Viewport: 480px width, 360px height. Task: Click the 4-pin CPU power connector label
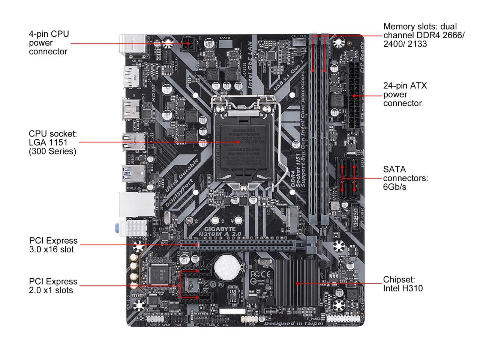pos(49,43)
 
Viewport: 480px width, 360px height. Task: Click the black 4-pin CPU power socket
pos(188,44)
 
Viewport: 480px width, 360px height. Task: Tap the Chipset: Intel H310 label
pos(403,284)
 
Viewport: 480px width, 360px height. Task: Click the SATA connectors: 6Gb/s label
pos(405,178)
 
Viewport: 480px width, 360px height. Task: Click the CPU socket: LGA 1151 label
pos(52,142)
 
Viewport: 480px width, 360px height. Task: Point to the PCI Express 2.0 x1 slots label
pos(53,286)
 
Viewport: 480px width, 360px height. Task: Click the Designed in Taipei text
pos(294,323)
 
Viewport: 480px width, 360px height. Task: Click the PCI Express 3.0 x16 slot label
pos(53,245)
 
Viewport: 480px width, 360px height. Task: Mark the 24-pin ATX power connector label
pos(405,94)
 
